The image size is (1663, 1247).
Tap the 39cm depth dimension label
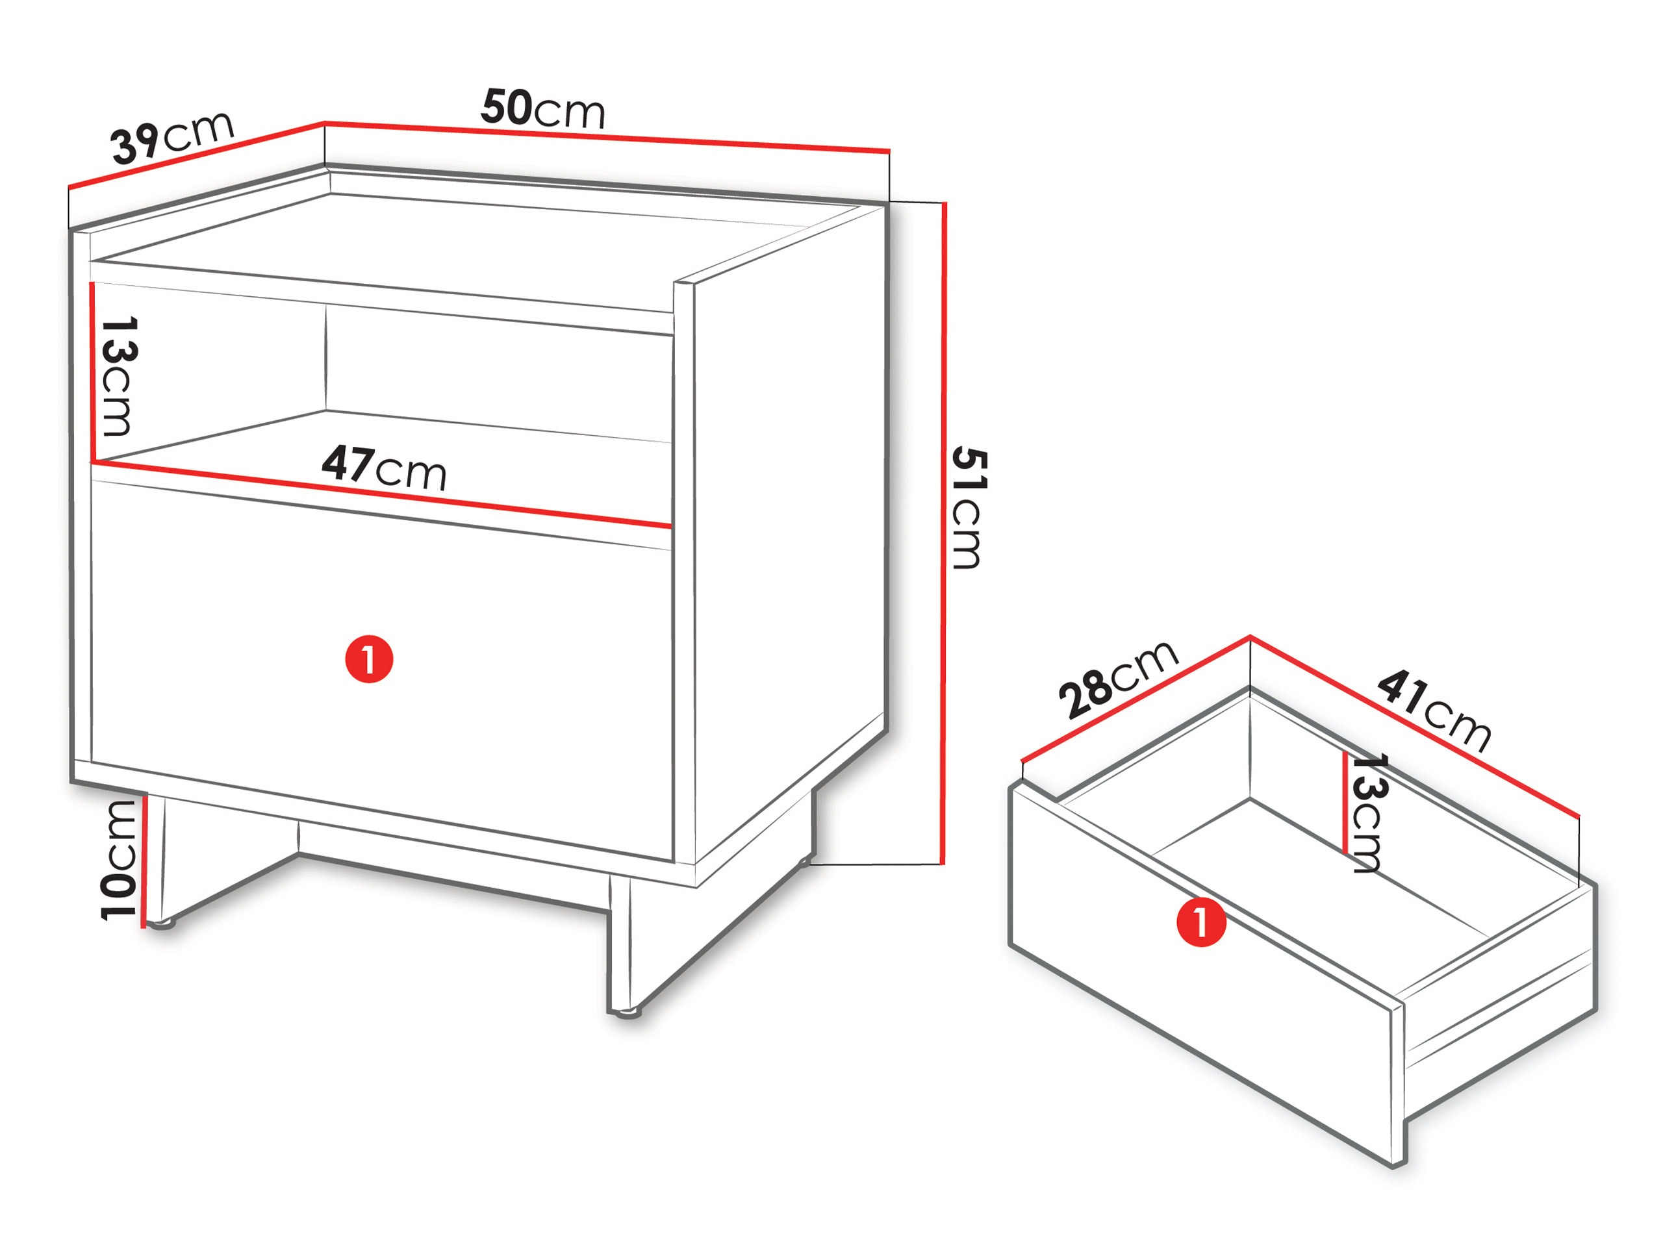173,137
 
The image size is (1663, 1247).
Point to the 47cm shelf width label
384,467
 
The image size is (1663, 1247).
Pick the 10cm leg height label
118,860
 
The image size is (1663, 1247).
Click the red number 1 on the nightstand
369,659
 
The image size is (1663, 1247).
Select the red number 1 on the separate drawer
1200,922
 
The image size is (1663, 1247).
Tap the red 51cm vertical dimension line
943,533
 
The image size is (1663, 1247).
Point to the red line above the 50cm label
607,137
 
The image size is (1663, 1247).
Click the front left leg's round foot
160,925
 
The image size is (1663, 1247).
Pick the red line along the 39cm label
196,154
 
